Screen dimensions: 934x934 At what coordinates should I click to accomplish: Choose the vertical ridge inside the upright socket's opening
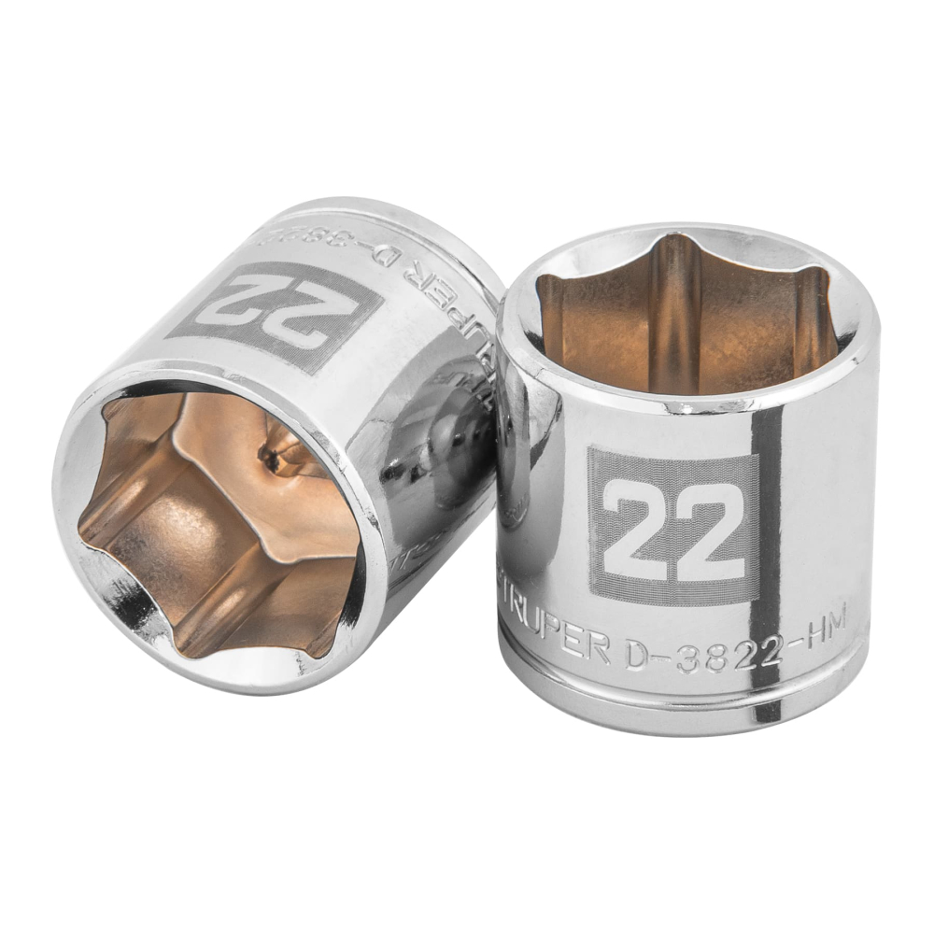674,313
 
